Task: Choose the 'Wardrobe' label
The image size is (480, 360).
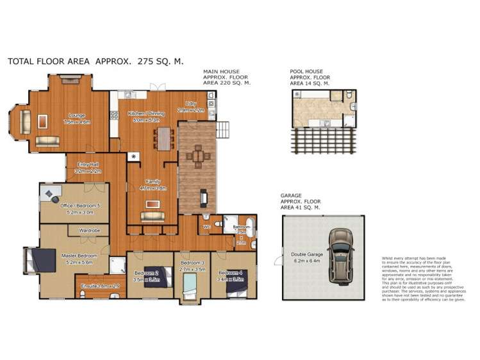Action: click(88, 229)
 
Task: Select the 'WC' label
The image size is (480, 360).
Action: click(206, 227)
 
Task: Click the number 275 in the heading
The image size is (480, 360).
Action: click(156, 61)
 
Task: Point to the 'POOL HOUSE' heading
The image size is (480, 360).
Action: click(306, 72)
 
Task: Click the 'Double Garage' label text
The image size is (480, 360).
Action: click(306, 254)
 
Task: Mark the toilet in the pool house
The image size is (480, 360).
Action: click(347, 97)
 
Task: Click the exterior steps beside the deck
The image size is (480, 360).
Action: click(224, 130)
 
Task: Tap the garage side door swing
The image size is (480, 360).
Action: click(277, 261)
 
